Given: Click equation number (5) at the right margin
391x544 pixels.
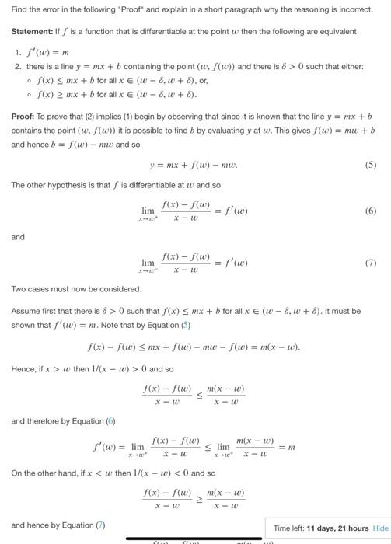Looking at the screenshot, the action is pyautogui.click(x=370, y=166).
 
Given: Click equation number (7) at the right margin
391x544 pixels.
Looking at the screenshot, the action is pyautogui.click(x=370, y=263).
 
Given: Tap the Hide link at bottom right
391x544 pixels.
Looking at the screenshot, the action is pyautogui.click(x=381, y=528).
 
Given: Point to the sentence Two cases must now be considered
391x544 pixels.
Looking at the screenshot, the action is pyautogui.click(x=76, y=289).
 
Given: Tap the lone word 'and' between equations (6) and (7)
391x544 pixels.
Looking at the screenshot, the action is pyautogui.click(x=18, y=237).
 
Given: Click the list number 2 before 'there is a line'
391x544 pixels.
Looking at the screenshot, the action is pyautogui.click(x=17, y=66).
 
